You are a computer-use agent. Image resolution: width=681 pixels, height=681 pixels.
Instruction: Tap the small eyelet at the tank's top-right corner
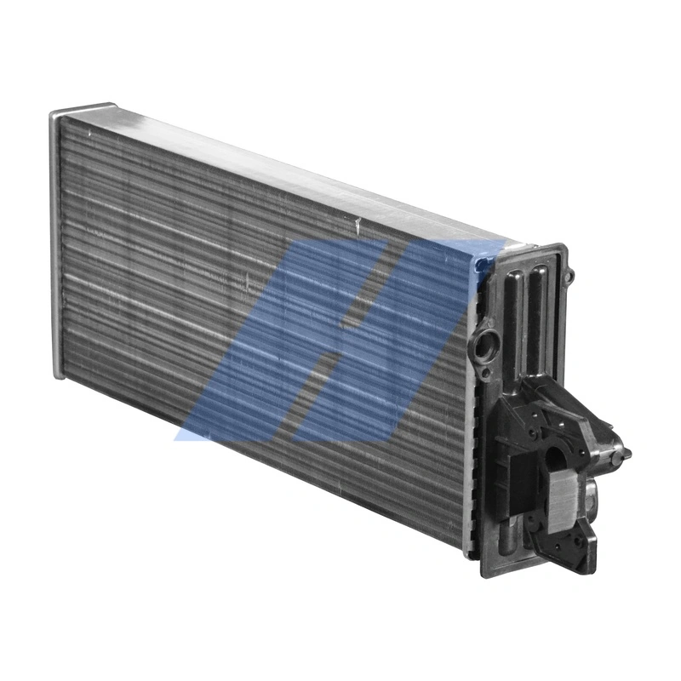pyautogui.click(x=570, y=274)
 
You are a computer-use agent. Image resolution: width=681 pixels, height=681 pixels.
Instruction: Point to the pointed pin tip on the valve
pyautogui.click(x=627, y=451)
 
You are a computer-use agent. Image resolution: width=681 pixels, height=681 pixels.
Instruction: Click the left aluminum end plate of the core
pyautogui.click(x=56, y=247)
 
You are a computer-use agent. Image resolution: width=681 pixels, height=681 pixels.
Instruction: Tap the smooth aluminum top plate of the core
pyautogui.click(x=281, y=162)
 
